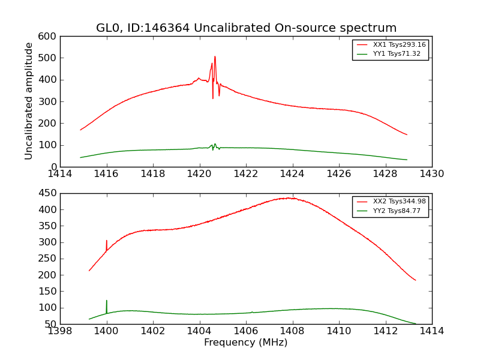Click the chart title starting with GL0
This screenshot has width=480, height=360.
point(246,28)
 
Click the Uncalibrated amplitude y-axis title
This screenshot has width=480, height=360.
point(29,101)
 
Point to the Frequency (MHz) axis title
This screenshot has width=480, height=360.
point(245,343)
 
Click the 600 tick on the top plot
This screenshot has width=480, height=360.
point(49,37)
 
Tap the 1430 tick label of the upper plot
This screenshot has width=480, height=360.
point(431,174)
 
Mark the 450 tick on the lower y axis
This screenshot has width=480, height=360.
point(49,194)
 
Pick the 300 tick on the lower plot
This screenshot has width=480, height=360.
point(49,242)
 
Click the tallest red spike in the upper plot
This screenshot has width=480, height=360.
point(215,58)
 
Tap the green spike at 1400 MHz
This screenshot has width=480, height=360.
point(107,301)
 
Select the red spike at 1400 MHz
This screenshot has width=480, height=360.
point(107,241)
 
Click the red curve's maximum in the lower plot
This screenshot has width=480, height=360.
point(289,198)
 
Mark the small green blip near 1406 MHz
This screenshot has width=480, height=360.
point(252,312)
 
